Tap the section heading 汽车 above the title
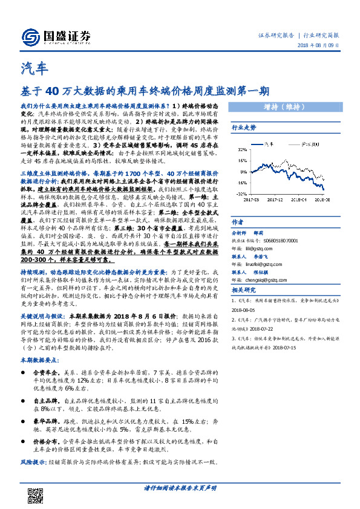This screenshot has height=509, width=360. pos(33,67)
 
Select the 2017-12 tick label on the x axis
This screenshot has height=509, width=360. pos(275,198)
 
